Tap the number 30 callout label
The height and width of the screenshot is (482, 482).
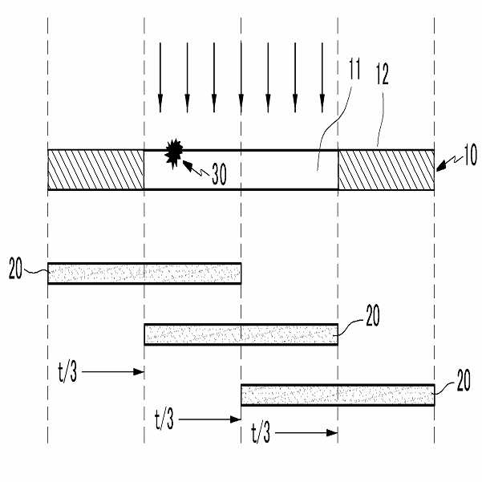click(219, 175)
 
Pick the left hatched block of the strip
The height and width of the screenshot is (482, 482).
click(96, 169)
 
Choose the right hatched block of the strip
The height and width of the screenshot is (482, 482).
click(386, 169)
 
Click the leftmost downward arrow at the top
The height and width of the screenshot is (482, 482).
click(160, 76)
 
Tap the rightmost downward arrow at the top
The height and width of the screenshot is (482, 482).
click(322, 76)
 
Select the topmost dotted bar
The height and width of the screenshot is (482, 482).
click(144, 273)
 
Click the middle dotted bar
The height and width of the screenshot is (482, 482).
click(241, 334)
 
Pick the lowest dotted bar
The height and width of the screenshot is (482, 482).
click(338, 395)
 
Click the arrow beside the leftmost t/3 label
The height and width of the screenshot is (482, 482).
click(112, 371)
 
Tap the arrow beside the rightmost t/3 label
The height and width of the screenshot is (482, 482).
click(309, 432)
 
